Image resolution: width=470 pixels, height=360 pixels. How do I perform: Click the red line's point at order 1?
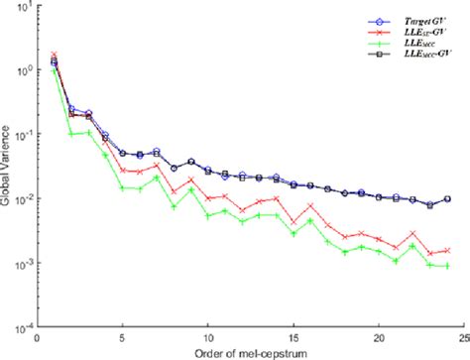[x=54, y=56]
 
